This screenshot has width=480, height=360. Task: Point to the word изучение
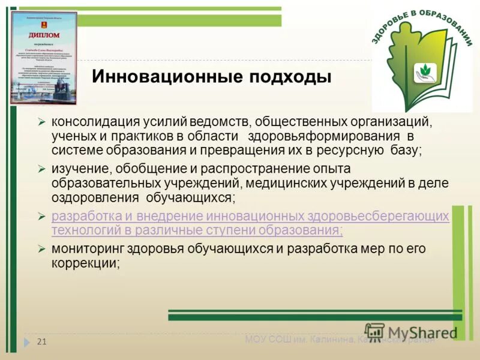click(x=79, y=169)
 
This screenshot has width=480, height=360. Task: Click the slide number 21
click(x=42, y=342)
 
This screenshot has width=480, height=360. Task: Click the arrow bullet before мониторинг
click(x=41, y=248)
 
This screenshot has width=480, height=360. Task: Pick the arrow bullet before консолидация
click(x=41, y=122)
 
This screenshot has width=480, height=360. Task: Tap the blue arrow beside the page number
click(x=27, y=342)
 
